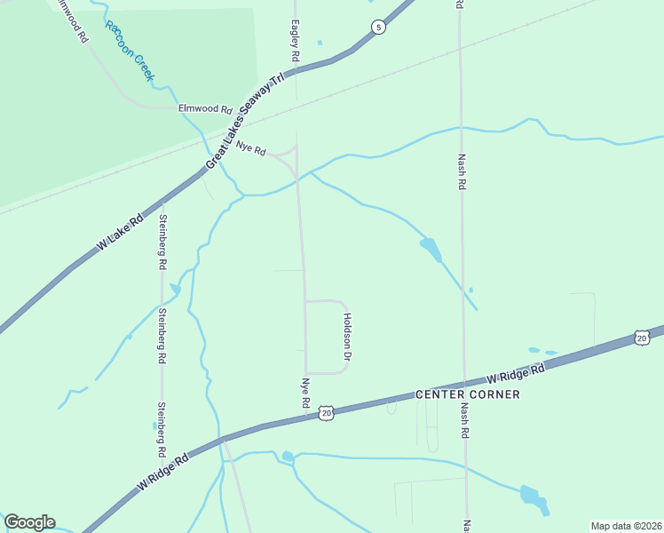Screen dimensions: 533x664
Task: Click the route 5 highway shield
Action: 379,28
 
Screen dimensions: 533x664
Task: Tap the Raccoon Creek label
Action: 130,52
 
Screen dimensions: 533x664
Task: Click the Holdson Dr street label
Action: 348,337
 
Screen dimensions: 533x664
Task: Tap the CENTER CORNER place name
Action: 468,394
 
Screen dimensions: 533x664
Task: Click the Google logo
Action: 29,522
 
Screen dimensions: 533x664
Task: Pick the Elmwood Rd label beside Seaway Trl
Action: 204,108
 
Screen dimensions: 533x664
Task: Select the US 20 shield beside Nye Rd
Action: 327,413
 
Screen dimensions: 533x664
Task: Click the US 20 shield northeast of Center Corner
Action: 642,338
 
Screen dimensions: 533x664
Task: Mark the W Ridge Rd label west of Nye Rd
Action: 163,473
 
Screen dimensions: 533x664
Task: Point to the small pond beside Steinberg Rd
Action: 175,289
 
